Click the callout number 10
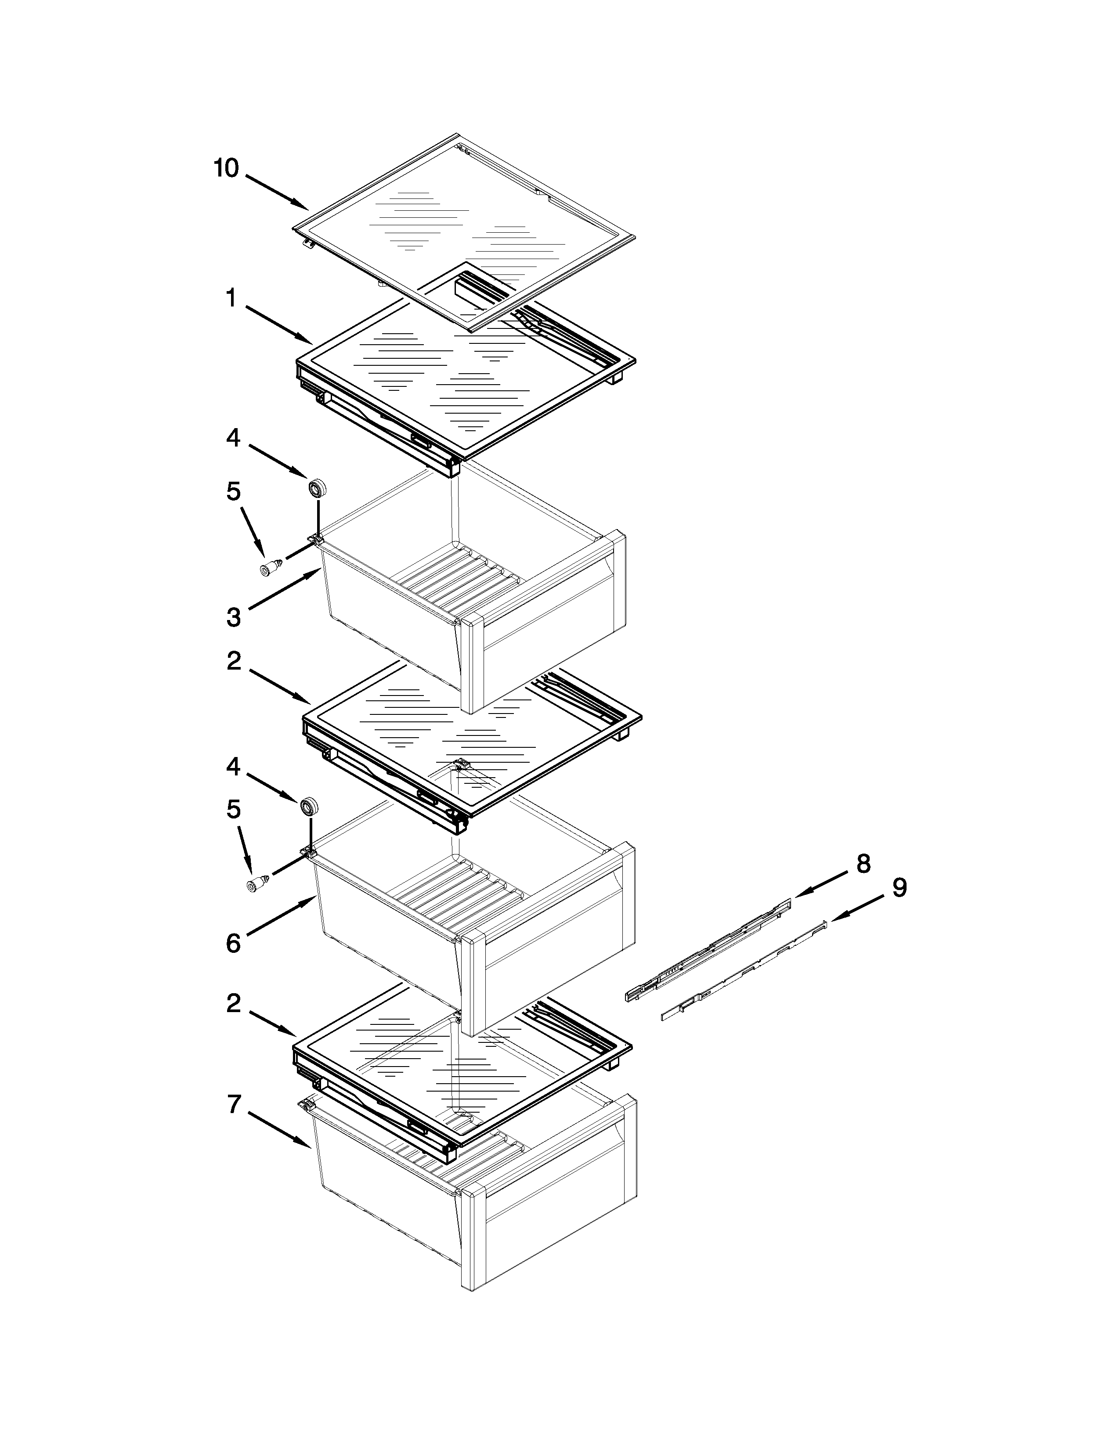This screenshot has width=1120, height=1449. (x=226, y=169)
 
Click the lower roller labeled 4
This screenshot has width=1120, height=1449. (x=308, y=807)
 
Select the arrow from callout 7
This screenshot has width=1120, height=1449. (x=278, y=1128)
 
